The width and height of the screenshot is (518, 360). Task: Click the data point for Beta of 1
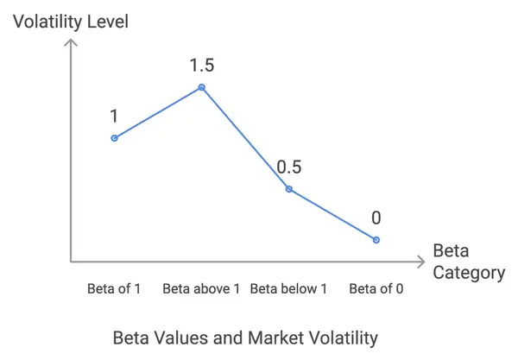coord(114,138)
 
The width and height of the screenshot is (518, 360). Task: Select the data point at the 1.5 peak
coord(202,87)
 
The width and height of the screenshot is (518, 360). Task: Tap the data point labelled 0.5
coord(288,189)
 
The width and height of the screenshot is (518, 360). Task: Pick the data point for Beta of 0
coord(376,239)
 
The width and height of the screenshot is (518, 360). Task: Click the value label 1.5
coord(201,65)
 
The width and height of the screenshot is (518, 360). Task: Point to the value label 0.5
coord(289,167)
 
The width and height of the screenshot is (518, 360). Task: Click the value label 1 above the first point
coord(113,116)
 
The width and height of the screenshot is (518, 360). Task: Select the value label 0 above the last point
coord(376,218)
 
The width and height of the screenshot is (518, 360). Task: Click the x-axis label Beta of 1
coord(114,288)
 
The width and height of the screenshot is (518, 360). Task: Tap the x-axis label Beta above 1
coord(201,288)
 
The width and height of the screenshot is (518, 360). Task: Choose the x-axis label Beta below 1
coord(288,288)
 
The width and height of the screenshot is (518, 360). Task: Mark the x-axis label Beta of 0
coord(376,288)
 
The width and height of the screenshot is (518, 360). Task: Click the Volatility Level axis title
coord(70,20)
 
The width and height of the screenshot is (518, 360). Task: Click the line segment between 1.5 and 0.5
coord(245,138)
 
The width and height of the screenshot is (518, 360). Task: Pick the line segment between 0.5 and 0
coord(332,214)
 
